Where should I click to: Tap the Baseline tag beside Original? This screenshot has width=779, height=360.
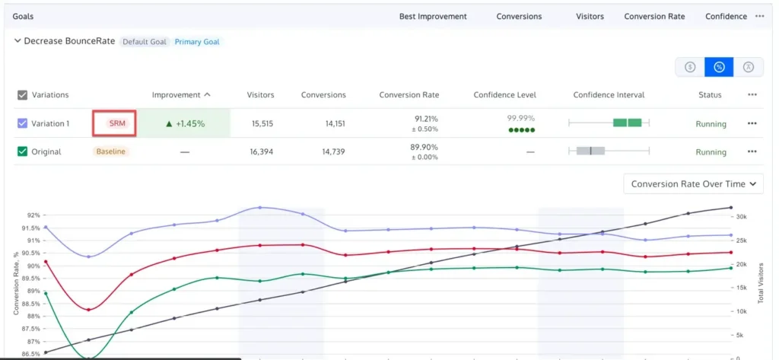click(111, 151)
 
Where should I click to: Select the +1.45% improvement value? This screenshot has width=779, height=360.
click(185, 123)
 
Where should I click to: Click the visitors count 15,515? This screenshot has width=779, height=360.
click(260, 123)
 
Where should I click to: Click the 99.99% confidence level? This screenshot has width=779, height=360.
click(520, 118)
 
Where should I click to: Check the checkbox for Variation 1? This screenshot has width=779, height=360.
click(22, 123)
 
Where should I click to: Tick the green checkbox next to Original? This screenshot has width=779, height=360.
click(22, 151)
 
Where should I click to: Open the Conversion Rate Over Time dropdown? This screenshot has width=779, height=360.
click(693, 183)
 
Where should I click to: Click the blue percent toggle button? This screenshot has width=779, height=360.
click(719, 67)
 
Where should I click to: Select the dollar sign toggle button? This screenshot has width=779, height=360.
click(690, 67)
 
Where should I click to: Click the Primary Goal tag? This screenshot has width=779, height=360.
click(197, 42)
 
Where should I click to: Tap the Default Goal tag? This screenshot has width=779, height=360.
click(145, 42)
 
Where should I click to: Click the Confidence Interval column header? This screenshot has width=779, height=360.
click(609, 95)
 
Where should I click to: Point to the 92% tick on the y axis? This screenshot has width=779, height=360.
click(31, 215)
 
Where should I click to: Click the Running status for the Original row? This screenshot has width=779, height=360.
click(711, 152)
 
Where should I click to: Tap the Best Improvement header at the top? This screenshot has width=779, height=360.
click(433, 16)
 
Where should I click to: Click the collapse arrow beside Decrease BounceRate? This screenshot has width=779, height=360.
click(17, 41)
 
